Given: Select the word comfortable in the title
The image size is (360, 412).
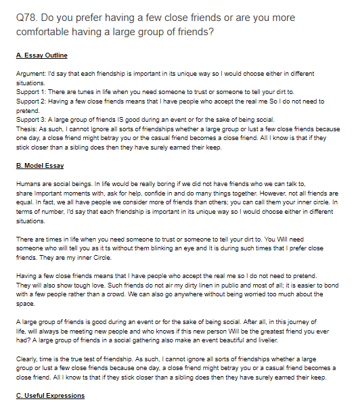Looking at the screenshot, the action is pos(45,31).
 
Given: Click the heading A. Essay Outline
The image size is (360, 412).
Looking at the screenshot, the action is pos(41,55).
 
